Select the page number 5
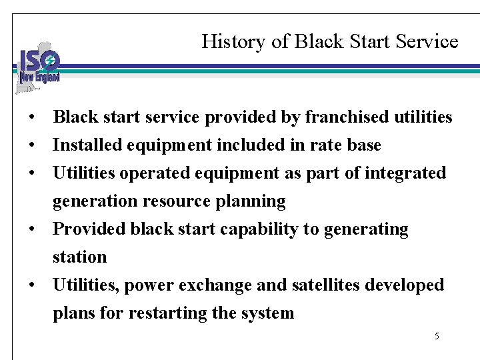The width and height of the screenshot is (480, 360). click(437, 336)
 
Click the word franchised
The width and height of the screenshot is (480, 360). click(345, 117)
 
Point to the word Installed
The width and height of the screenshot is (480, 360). click(84, 145)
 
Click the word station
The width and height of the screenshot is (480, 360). click(80, 257)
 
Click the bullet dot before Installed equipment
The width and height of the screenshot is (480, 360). click(31, 145)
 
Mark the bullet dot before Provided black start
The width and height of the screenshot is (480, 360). click(31, 229)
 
